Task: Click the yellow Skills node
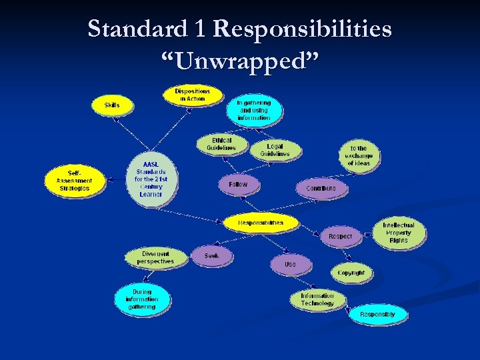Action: pos(112,105)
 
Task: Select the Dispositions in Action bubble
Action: pos(192,95)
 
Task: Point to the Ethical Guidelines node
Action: pos(221,145)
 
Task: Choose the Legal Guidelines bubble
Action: pos(275,150)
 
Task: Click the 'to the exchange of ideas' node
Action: pos(358,156)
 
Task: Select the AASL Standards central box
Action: pos(151,179)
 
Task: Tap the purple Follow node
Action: pos(237,185)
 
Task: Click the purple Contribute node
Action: pos(321,189)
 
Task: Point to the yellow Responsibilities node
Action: pos(261,223)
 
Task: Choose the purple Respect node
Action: pos(340,236)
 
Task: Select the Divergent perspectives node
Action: pos(155,258)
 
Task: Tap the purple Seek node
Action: pos(211,255)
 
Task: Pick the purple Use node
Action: pos(290,265)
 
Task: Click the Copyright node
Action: pos(351,273)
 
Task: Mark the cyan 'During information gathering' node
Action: pos(142,299)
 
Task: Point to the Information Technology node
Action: pos(317,299)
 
